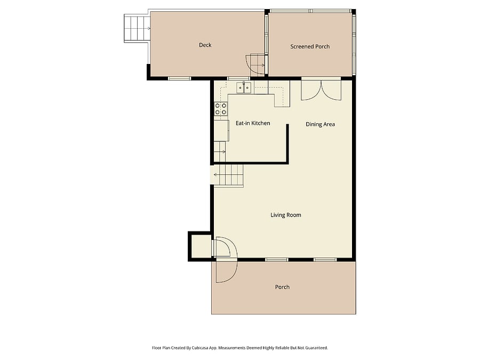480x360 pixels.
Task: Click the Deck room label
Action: [x=205, y=45]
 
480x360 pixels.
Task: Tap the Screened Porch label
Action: [x=310, y=46]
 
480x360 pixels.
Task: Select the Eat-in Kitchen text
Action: [x=253, y=123]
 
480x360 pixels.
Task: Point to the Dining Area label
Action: [x=320, y=124]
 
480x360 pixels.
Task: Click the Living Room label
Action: [x=286, y=215]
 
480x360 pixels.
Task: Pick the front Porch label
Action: [x=282, y=287]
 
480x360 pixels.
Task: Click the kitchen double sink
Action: [x=244, y=88]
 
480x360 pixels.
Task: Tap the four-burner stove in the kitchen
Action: [x=221, y=109]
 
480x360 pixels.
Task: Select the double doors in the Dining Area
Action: [x=321, y=90]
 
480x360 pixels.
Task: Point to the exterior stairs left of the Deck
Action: [x=137, y=28]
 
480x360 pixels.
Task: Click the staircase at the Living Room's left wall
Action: [x=228, y=175]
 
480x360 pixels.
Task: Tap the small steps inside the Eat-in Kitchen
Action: [x=220, y=151]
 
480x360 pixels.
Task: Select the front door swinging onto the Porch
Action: [x=227, y=271]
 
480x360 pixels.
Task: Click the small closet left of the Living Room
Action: [x=199, y=246]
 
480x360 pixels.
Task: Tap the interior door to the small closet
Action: [x=225, y=247]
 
